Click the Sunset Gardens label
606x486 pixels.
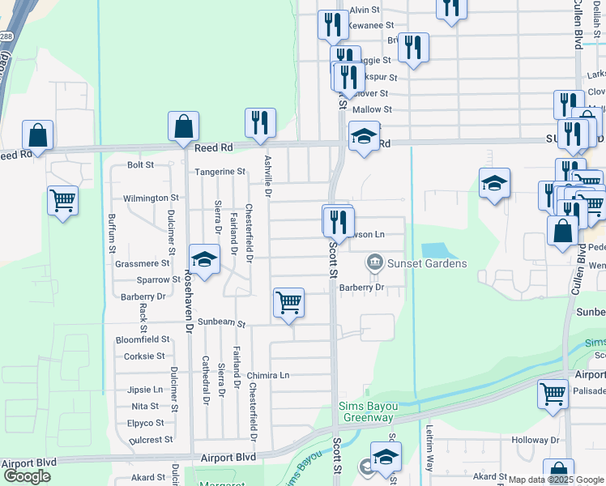pyautogui.click(x=427, y=263)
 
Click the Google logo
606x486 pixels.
pyautogui.click(x=27, y=475)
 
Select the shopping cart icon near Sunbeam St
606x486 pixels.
pyautogui.click(x=288, y=303)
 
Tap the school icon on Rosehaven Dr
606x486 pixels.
pyautogui.click(x=204, y=259)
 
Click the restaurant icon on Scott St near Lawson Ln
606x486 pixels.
pyautogui.click(x=339, y=221)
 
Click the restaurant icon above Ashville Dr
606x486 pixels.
pyautogui.click(x=260, y=123)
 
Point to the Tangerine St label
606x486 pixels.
pyautogui.click(x=219, y=172)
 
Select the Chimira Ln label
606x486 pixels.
pyautogui.click(x=268, y=376)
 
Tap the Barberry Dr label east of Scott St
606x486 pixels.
pyautogui.click(x=361, y=287)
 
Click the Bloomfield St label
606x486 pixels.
pyautogui.click(x=143, y=339)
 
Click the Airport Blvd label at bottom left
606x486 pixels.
pyautogui.click(x=28, y=463)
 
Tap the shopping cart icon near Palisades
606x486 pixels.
pyautogui.click(x=553, y=394)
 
